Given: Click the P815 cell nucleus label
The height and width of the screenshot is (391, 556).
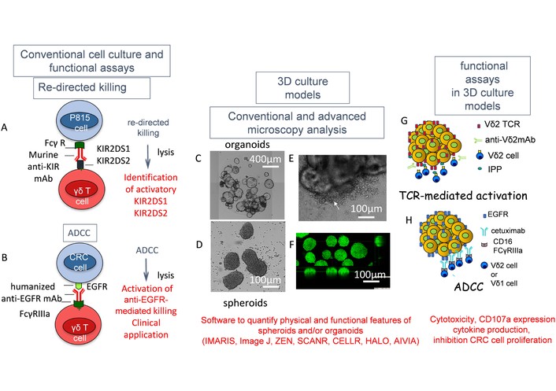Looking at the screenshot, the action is coord(80,122).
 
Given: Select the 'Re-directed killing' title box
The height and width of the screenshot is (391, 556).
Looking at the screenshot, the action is coord(91,88).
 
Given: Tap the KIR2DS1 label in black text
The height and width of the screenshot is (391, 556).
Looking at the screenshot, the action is coord(113,149).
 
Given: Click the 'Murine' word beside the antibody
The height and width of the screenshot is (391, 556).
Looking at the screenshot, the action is coord(43,155).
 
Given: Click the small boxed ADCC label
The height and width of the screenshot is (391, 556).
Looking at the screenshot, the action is coord(80,233).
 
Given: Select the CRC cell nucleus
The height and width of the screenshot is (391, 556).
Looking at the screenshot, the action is coord(80,262).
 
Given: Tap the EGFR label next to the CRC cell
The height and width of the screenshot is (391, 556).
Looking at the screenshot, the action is coord(97,286).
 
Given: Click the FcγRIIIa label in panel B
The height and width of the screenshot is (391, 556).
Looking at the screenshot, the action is coord(35,314).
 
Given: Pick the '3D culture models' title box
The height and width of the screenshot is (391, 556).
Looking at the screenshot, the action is coord(302,88).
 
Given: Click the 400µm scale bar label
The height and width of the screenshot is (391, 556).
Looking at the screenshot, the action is coord(265,160).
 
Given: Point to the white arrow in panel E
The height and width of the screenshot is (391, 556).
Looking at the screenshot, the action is coord(335,205).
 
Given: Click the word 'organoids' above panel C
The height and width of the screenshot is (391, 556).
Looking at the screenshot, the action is coord(247,145).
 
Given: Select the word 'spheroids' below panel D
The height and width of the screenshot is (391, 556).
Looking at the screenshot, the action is coord(245,303).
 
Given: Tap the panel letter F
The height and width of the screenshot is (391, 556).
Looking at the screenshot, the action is coord(291,245).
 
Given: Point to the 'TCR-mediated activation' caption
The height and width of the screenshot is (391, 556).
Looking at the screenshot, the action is coord(463,195).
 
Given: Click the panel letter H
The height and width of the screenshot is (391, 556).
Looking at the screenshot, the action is coord(409,220).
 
